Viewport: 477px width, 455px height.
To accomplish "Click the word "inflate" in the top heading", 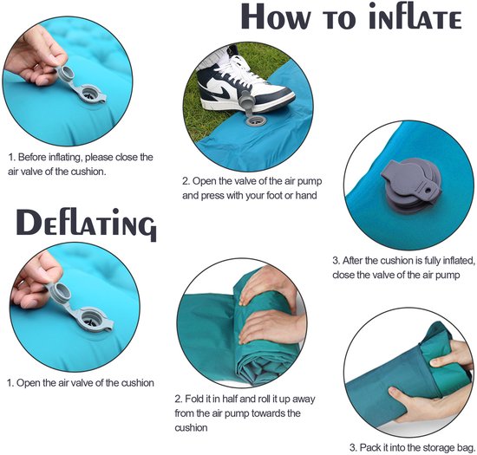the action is coord(415,17).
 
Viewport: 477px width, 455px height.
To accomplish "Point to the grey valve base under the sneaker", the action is coord(256,120).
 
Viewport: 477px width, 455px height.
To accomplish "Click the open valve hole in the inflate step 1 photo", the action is coord(90,94).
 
